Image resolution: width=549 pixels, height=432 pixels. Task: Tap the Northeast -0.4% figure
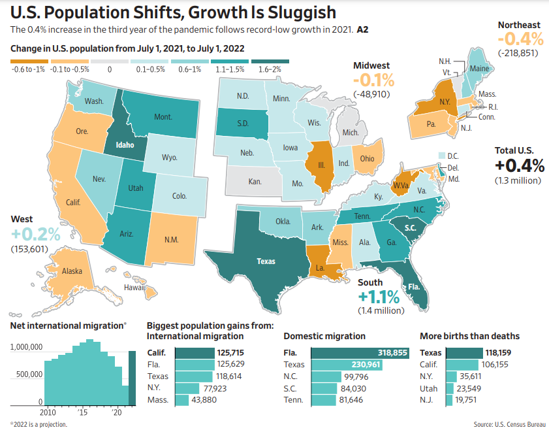click(x=520, y=39)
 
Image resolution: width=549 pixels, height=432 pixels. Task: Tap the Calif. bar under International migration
click(x=195, y=352)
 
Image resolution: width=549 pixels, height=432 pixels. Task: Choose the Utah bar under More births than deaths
click(x=450, y=388)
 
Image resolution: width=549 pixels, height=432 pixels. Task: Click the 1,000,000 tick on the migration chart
click(x=27, y=347)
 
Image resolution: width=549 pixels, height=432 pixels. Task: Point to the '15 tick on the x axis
click(x=84, y=413)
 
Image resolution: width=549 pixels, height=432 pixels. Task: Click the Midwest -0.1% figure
click(x=373, y=80)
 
